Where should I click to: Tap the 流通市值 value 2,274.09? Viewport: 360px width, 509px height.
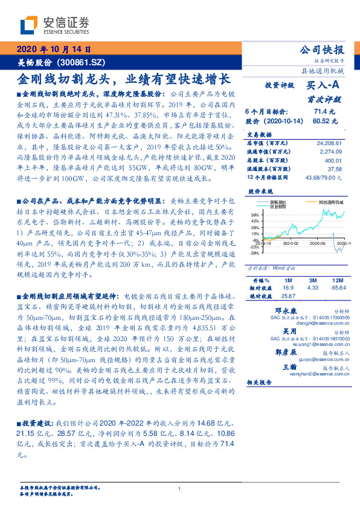(x=329, y=152)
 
